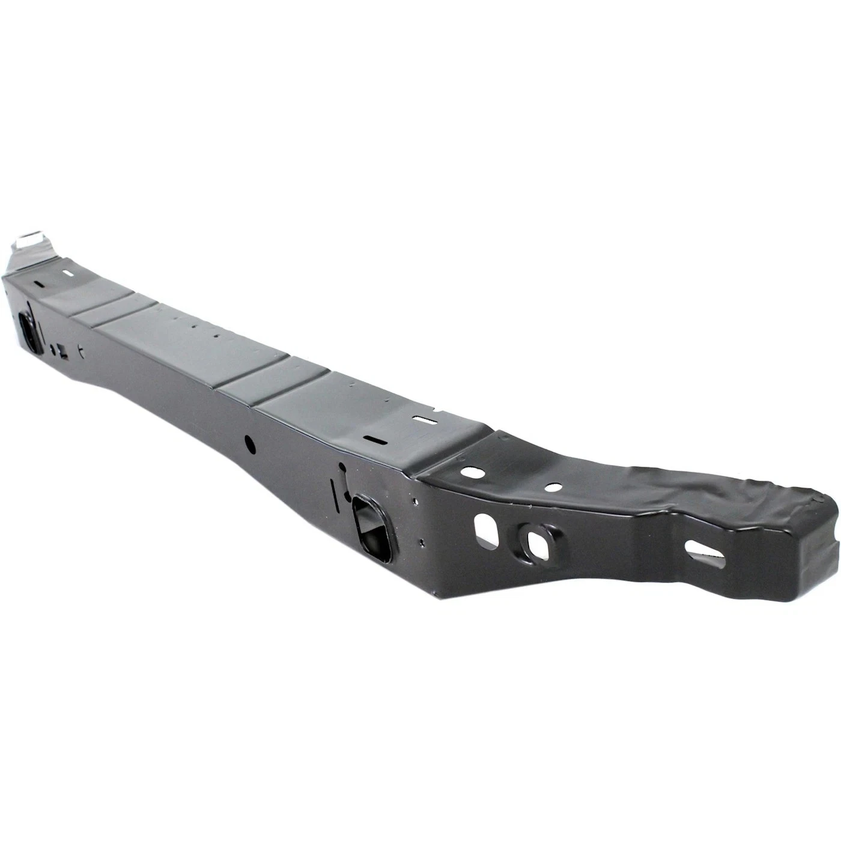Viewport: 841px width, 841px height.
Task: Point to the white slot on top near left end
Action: tap(68, 273)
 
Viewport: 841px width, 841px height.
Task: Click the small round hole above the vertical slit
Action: tap(342, 466)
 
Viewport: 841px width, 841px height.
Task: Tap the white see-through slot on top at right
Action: tap(424, 419)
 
